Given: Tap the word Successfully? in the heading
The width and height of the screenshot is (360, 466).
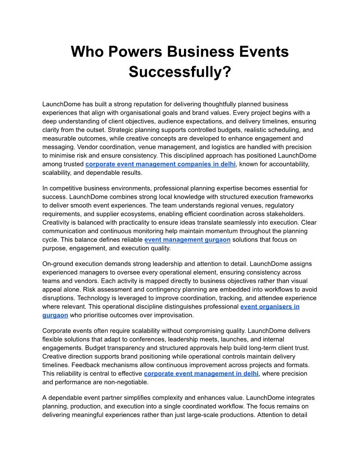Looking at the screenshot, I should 180,71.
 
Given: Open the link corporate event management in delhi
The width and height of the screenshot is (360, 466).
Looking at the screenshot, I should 201,373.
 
